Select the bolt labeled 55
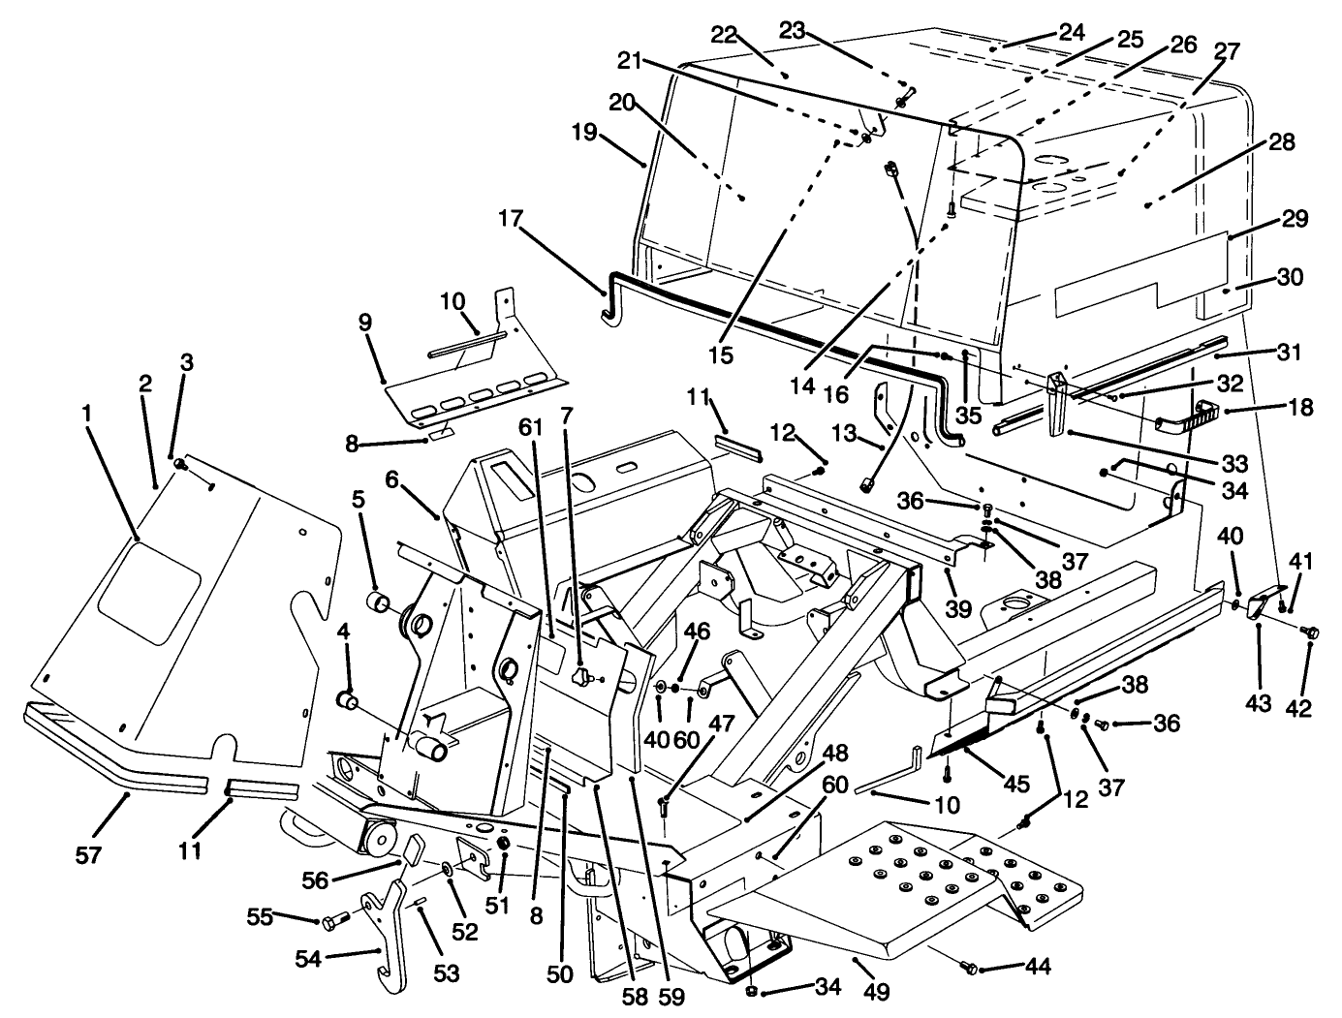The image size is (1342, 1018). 332,921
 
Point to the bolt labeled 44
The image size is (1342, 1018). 971,967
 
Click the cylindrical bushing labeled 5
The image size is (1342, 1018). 379,606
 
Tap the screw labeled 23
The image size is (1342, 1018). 903,98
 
